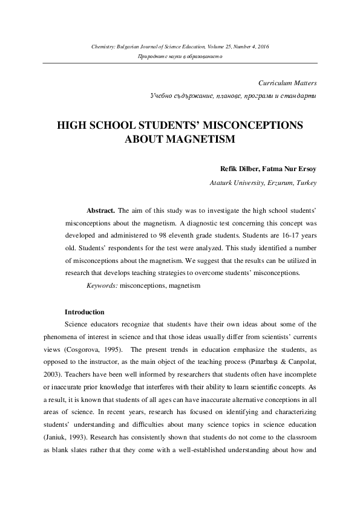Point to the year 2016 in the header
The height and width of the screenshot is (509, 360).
click(262, 46)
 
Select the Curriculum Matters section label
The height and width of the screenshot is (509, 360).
click(287, 82)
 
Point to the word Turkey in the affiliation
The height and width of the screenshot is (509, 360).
click(304, 182)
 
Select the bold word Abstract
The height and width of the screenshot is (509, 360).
click(100, 211)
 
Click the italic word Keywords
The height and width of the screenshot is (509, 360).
click(102, 285)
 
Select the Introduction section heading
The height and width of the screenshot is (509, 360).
click(84, 312)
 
